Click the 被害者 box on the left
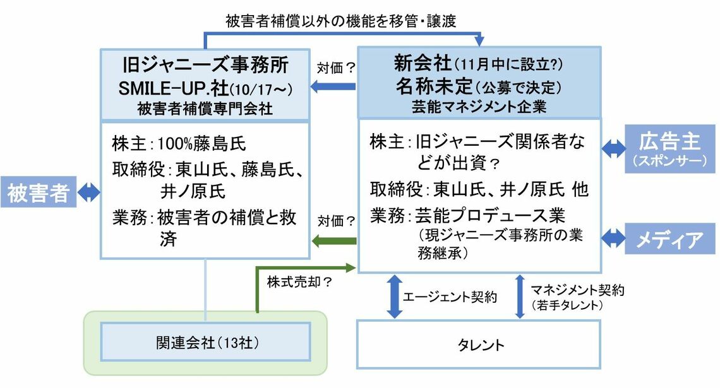[x=37, y=193]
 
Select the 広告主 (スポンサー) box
[x=669, y=148]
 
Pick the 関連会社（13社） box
[x=206, y=341]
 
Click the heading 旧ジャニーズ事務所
[x=206, y=65]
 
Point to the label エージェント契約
[x=450, y=297]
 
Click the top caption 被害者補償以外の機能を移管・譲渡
[x=340, y=20]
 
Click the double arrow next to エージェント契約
[x=393, y=296]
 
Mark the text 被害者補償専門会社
[x=205, y=108]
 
